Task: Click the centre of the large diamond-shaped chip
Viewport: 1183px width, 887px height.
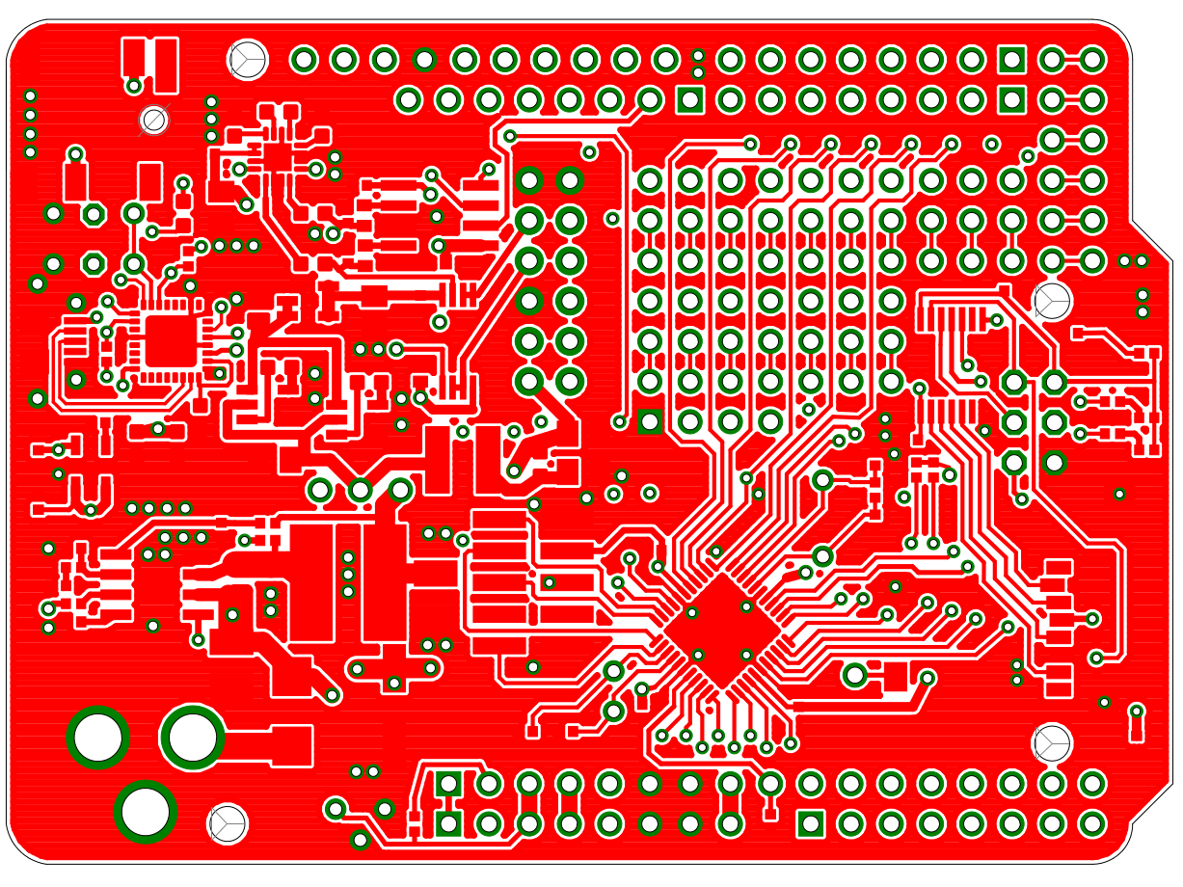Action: pos(721,632)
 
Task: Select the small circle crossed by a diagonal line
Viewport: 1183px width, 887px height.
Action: pos(154,120)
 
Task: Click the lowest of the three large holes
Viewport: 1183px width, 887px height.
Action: pos(146,811)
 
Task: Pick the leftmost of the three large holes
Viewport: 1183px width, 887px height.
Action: pos(98,738)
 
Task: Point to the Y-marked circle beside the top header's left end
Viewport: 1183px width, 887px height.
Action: pos(248,59)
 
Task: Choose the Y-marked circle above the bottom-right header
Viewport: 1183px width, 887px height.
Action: pos(1051,742)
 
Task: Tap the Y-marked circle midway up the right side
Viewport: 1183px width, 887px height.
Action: pos(1052,301)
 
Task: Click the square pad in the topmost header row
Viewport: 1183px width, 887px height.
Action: pos(1011,60)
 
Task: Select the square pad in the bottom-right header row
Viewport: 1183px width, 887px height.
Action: pos(811,823)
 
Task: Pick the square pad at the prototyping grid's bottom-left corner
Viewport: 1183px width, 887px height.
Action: pos(650,421)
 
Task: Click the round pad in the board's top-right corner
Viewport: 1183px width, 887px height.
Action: pos(1091,60)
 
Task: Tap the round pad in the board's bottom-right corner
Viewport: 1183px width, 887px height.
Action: pos(1091,823)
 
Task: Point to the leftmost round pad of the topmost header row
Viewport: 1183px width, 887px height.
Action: pos(304,60)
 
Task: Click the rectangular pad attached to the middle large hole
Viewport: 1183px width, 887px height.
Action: pos(280,744)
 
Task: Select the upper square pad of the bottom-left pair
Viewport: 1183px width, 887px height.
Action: pos(448,783)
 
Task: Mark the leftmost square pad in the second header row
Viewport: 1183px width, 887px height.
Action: pos(689,99)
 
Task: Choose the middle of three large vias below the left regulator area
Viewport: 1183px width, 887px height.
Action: pos(361,491)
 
